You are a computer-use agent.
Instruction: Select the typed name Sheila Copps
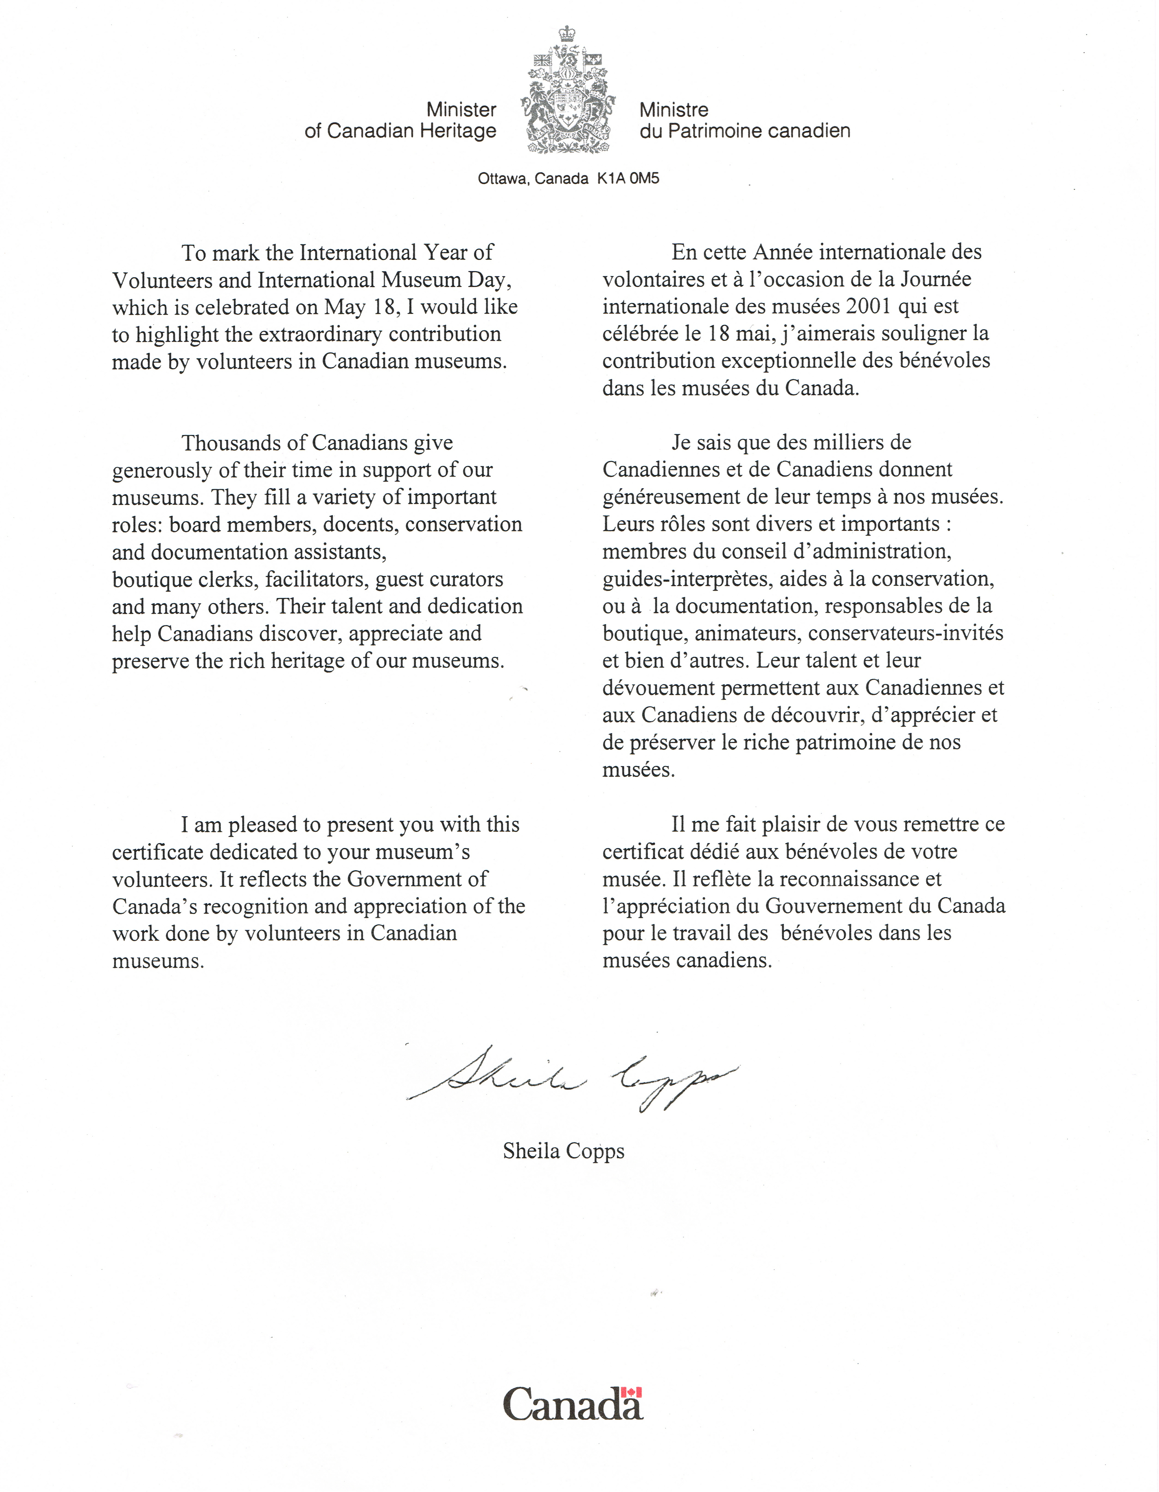coord(563,1152)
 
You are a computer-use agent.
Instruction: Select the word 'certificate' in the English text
coord(157,852)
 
